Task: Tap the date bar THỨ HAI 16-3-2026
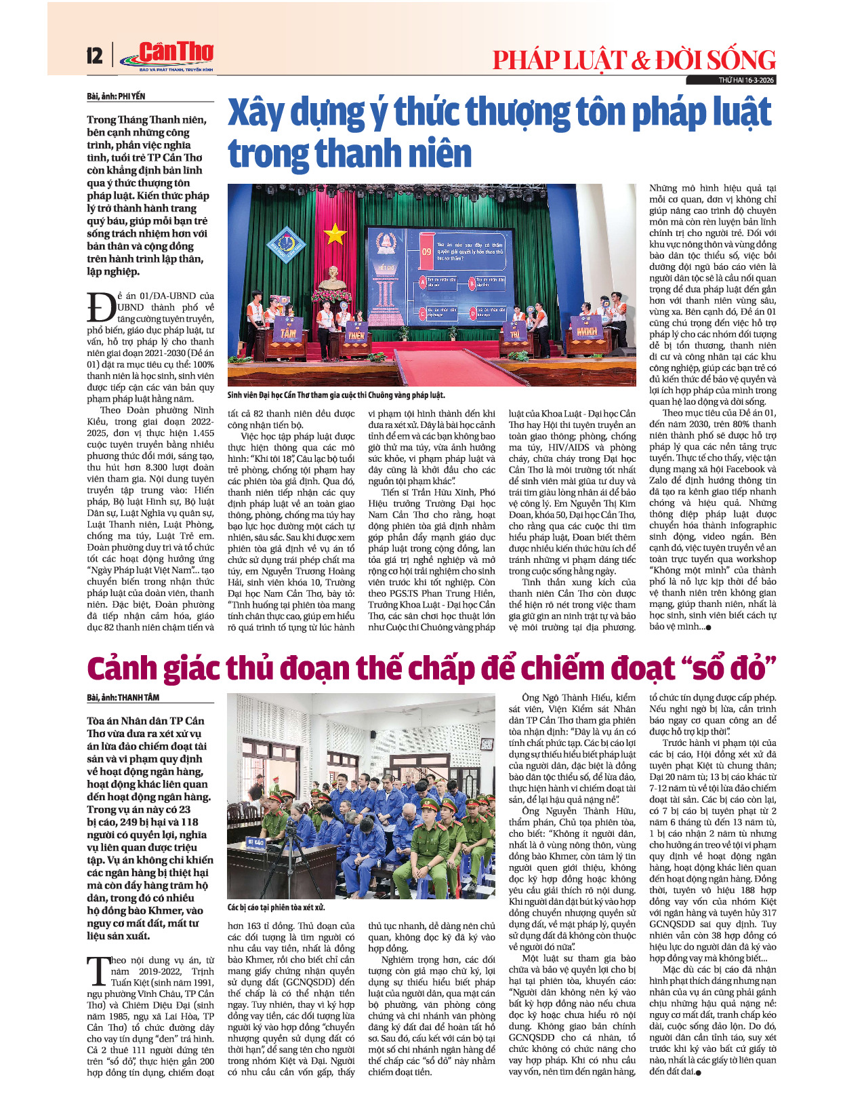[x=746, y=80]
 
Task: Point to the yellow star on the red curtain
[x=335, y=235]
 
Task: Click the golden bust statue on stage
[x=332, y=277]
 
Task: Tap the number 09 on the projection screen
[x=426, y=251]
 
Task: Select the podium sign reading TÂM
[x=289, y=333]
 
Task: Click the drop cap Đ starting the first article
[x=101, y=308]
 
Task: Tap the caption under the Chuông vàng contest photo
[x=336, y=395]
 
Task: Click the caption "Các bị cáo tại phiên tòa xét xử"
[x=276, y=907]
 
